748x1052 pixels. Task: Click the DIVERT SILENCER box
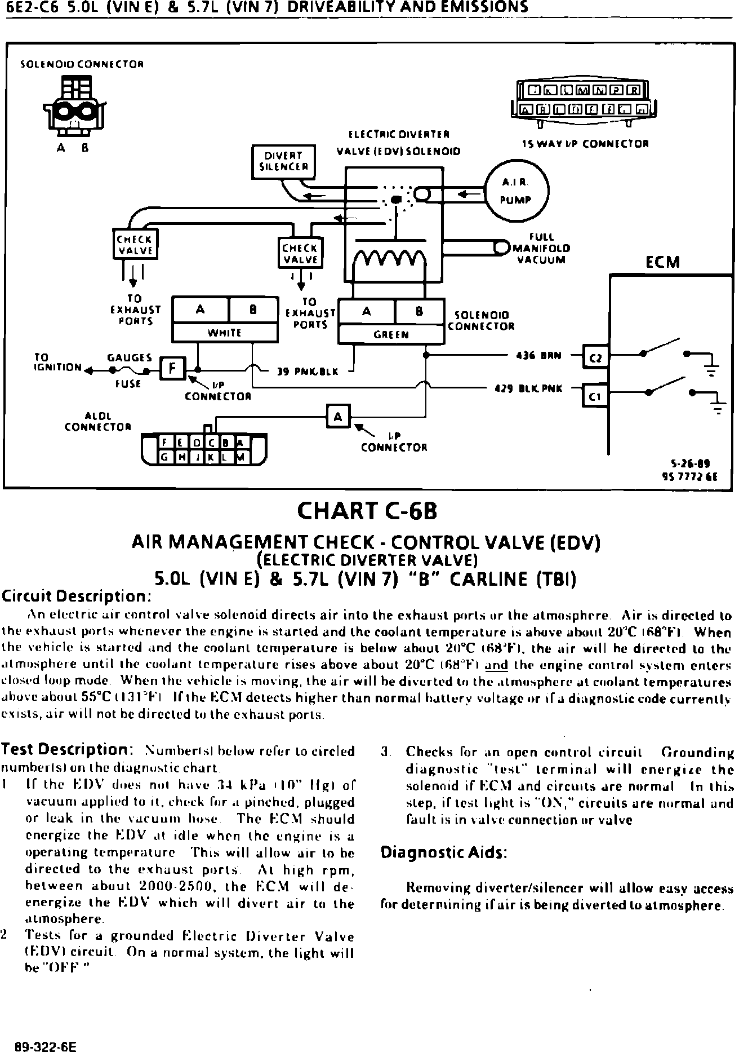(283, 161)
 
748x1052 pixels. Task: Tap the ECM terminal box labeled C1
(595, 396)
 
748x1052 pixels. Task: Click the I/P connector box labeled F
(172, 369)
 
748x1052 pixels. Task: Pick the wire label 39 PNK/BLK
(308, 372)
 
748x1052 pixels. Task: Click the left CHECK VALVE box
(135, 245)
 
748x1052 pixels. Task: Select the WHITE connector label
(225, 333)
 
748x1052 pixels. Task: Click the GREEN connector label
(391, 334)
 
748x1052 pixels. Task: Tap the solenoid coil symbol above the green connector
(389, 260)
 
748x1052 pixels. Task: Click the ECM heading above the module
(662, 262)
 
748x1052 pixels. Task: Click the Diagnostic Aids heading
(444, 852)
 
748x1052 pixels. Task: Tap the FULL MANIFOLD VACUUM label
(541, 249)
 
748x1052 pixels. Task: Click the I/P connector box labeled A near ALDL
(338, 417)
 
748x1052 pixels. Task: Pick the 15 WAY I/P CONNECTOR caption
(585, 144)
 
